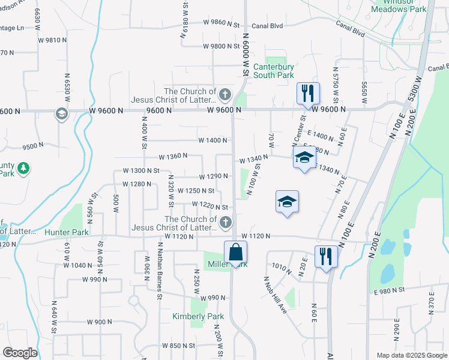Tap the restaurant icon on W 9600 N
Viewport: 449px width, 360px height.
pyautogui.click(x=308, y=94)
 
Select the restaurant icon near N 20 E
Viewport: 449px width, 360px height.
pyautogui.click(x=327, y=257)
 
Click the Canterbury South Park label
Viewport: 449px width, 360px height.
pyautogui.click(x=274, y=71)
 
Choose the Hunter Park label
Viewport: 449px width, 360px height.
pyautogui.click(x=67, y=232)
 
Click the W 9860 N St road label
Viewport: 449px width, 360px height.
pyautogui.click(x=221, y=23)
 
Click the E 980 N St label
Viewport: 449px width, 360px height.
pyautogui.click(x=390, y=290)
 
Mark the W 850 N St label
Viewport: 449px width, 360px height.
pyautogui.click(x=179, y=346)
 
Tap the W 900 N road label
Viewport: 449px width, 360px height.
pyautogui.click(x=99, y=322)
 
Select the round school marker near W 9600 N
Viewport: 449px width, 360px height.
pyautogui.click(x=61, y=113)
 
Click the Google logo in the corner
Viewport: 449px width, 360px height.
pyautogui.click(x=20, y=353)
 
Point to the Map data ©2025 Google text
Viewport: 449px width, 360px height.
pyautogui.click(x=411, y=355)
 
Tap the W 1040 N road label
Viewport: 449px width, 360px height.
pyautogui.click(x=79, y=265)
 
